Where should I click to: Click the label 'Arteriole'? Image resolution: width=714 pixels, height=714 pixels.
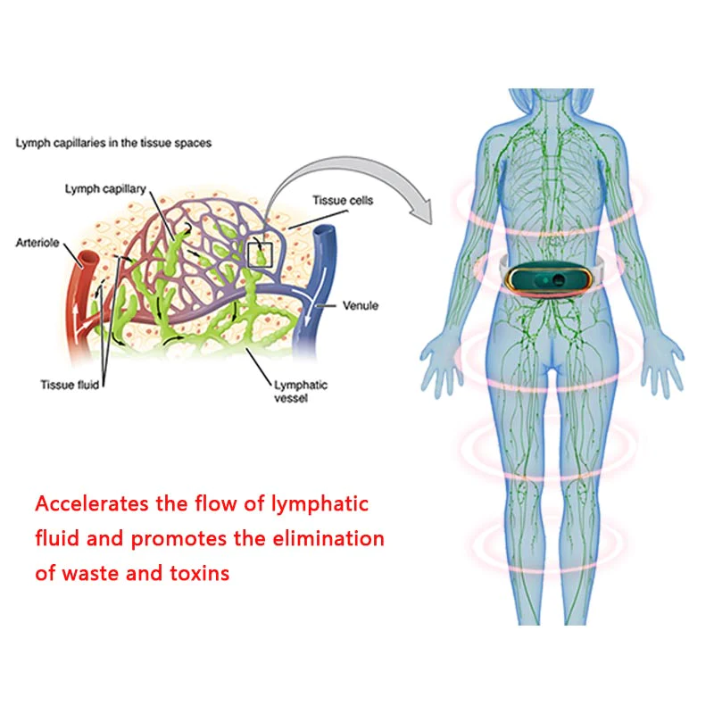click(37, 242)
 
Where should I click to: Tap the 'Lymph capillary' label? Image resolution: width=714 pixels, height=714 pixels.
click(104, 188)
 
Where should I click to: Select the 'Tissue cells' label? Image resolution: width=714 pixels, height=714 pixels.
click(344, 201)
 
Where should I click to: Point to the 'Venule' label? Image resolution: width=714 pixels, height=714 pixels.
click(361, 305)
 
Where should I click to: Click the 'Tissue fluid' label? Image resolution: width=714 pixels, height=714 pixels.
click(69, 385)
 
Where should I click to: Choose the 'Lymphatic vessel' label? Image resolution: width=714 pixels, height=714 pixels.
click(300, 392)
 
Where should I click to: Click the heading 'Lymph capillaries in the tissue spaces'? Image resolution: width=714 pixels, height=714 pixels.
click(113, 143)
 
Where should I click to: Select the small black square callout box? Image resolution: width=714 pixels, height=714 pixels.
click(259, 253)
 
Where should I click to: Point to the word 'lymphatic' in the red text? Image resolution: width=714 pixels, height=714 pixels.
click(318, 504)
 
